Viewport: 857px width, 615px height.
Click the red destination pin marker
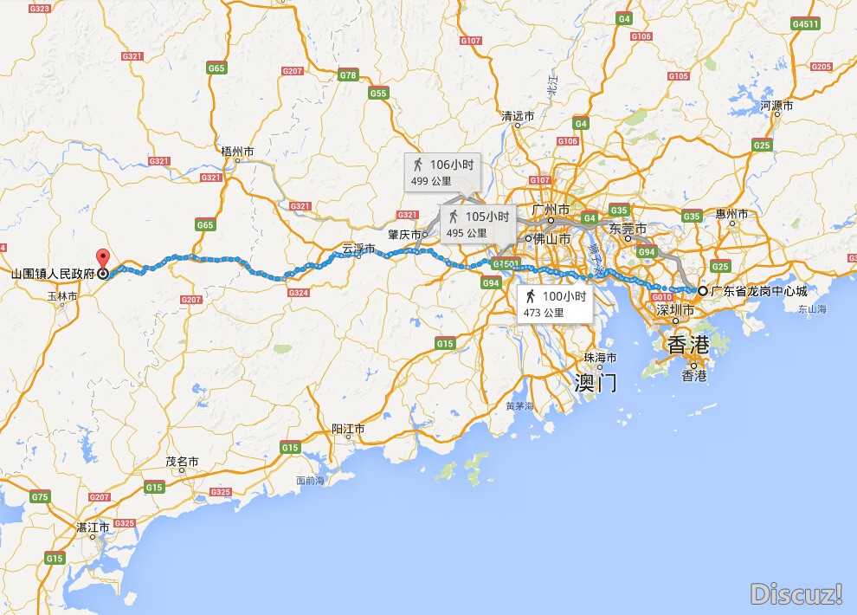point(103,259)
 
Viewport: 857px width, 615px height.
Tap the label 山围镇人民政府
point(51,274)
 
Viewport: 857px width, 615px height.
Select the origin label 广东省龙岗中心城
point(758,291)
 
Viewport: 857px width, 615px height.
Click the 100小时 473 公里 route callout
point(555,303)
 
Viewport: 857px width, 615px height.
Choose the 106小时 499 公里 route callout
point(441,171)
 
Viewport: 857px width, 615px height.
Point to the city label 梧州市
point(238,152)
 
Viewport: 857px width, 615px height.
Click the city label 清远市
point(518,116)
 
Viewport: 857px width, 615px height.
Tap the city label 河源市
point(776,106)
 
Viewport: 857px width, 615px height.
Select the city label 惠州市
point(731,213)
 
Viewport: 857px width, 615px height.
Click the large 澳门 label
point(596,382)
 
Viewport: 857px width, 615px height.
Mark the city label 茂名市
point(182,462)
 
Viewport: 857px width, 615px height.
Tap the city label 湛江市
point(93,527)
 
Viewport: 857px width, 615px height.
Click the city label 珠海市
point(600,358)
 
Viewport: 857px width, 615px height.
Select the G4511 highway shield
point(805,24)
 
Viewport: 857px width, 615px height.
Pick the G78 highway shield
point(348,75)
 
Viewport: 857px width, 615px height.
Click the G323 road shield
point(40,8)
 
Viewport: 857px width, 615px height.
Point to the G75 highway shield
point(40,496)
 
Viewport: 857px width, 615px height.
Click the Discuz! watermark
point(796,593)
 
